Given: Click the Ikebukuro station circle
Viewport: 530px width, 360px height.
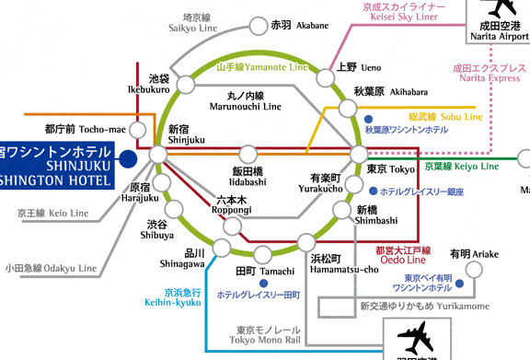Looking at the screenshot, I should coord(185,86).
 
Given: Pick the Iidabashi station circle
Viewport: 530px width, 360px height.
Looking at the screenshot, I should coord(248,155).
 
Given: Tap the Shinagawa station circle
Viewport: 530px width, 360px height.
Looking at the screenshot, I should coord(222,245).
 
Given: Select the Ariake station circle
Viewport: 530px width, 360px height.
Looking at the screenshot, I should coord(472,270).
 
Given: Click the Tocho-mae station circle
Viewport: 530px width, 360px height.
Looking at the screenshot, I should coord(139,130).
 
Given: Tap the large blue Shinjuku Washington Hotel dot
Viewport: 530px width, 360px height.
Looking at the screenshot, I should coord(128,160).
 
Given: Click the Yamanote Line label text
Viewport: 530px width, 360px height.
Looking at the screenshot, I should coord(261,68).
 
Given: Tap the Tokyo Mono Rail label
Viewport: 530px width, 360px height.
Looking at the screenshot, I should coord(268,335).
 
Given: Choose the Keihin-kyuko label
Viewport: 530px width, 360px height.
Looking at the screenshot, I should coord(170,297).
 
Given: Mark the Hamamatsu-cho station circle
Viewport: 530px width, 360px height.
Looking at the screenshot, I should coord(306,244).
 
